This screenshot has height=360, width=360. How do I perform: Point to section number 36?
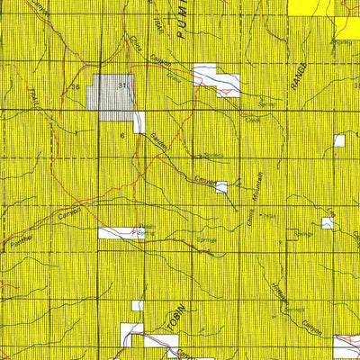76,86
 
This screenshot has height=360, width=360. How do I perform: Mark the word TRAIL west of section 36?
35,90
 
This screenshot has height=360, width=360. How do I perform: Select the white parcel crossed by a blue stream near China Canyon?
216,81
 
